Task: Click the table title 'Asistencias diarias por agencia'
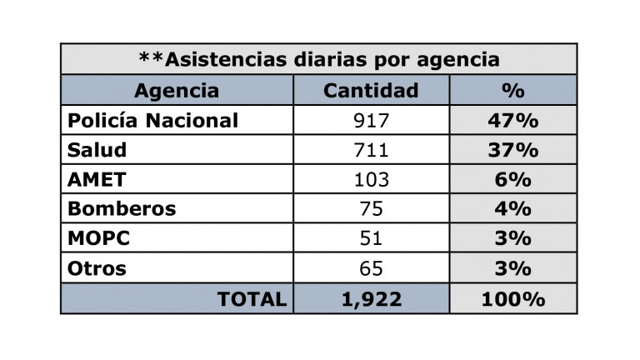(x=318, y=60)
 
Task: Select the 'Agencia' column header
(x=177, y=90)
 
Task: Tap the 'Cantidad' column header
(x=371, y=90)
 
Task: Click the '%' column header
(x=512, y=90)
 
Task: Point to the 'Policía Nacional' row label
(x=152, y=120)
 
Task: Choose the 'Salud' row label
(x=97, y=150)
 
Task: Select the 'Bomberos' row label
(x=122, y=209)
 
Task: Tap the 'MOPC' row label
(x=98, y=238)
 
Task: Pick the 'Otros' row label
(x=97, y=268)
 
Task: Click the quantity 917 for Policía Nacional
(x=371, y=120)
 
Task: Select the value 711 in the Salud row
(x=371, y=150)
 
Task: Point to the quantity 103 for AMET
(x=371, y=179)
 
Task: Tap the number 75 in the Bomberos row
(x=371, y=209)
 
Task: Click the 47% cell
(x=512, y=120)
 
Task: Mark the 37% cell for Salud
(x=512, y=150)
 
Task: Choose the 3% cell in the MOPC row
(x=512, y=238)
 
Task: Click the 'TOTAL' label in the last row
(x=252, y=298)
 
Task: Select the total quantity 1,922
(x=371, y=298)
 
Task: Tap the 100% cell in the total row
(x=512, y=298)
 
